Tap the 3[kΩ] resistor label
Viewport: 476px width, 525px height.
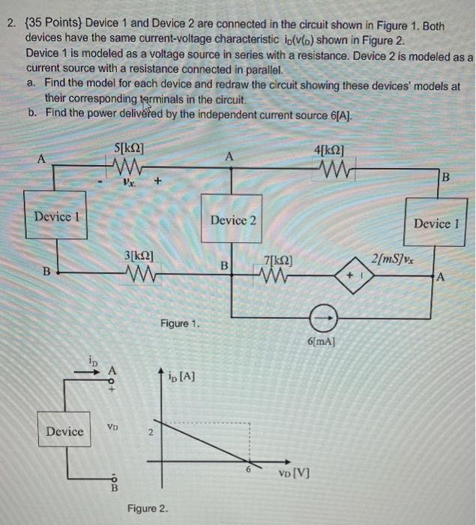point(139,256)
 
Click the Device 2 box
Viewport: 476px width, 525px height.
point(233,220)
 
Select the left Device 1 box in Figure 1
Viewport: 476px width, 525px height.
point(57,217)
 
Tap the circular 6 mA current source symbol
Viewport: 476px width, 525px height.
point(324,320)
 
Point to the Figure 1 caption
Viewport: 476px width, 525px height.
point(179,323)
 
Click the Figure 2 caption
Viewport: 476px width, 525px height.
point(147,509)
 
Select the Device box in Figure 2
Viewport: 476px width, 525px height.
point(65,431)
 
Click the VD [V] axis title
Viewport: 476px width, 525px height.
point(292,473)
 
